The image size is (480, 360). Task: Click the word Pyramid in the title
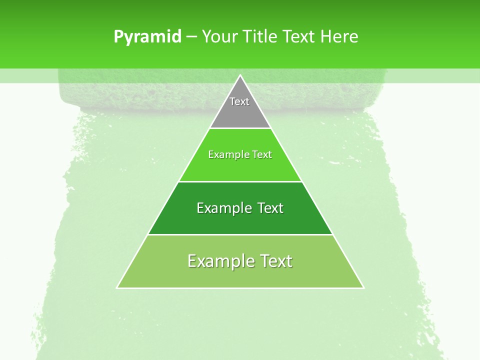tap(147, 36)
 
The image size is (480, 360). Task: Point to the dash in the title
tap(191, 37)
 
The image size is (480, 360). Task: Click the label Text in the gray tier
tap(239, 101)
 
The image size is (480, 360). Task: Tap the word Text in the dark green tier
tap(270, 208)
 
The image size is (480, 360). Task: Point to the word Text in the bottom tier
tap(275, 261)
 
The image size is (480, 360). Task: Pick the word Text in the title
tap(299, 36)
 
